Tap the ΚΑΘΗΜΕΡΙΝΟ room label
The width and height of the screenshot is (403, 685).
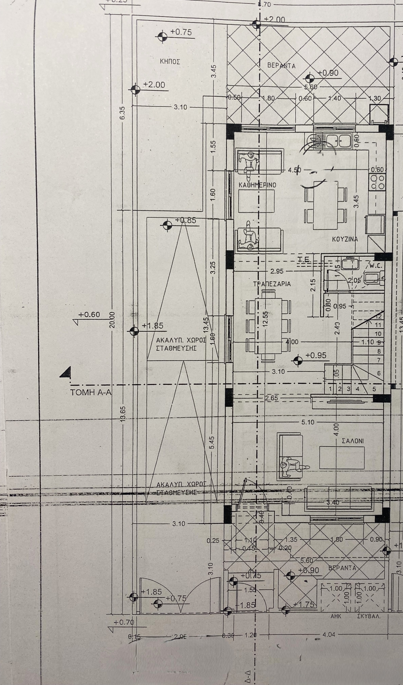[257, 185]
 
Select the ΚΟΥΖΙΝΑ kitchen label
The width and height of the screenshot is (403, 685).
[345, 240]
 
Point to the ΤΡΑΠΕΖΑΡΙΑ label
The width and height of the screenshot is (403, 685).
[272, 284]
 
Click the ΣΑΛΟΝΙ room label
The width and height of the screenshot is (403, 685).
[353, 441]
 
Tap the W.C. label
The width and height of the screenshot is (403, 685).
[374, 265]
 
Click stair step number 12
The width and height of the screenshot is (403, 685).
[379, 316]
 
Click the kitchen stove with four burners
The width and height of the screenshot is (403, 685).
[376, 182]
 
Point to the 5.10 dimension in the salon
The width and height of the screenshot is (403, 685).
[308, 422]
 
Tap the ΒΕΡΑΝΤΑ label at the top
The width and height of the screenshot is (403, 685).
[281, 66]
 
